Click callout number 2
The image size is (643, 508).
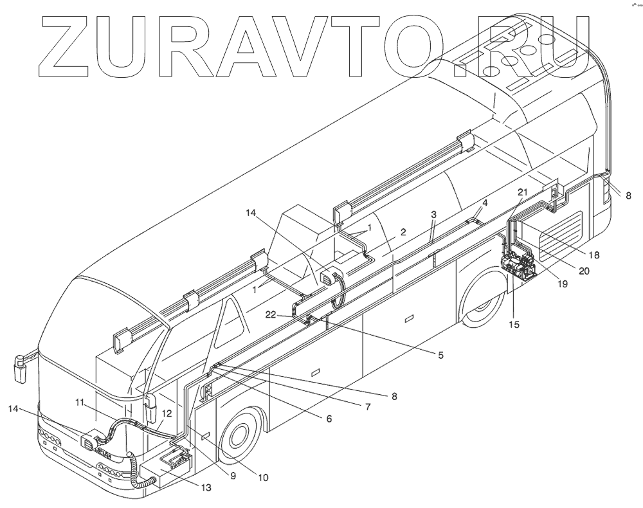pyautogui.click(x=403, y=232)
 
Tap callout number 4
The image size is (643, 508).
pyautogui.click(x=484, y=202)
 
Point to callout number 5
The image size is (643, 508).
pyautogui.click(x=440, y=353)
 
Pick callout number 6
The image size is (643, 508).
pyautogui.click(x=329, y=419)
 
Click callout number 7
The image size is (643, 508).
pyautogui.click(x=368, y=407)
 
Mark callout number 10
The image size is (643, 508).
pyautogui.click(x=263, y=477)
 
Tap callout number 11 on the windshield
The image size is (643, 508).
pyautogui.click(x=79, y=403)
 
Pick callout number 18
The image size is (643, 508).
pyautogui.click(x=594, y=255)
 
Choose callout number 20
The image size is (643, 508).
pyautogui.click(x=583, y=271)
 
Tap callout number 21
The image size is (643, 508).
pyautogui.click(x=523, y=192)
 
